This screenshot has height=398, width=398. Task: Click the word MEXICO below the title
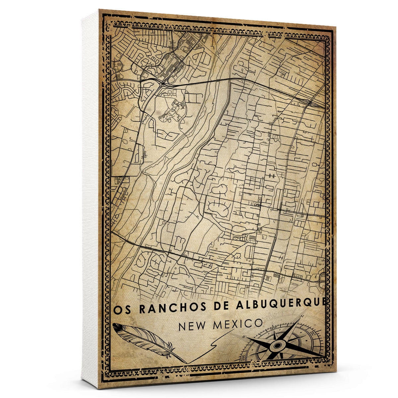[x=237, y=324]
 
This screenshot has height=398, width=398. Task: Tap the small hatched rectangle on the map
[x=253, y=238]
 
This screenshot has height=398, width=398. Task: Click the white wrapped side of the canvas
[x=90, y=199]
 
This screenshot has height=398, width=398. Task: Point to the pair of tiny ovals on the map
[x=272, y=175]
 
